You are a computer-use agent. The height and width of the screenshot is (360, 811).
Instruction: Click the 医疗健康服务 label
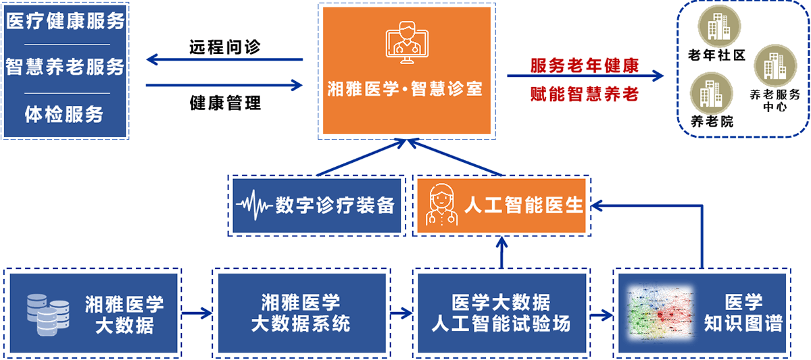point(66,21)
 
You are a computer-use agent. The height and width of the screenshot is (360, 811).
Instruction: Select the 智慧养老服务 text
point(66,67)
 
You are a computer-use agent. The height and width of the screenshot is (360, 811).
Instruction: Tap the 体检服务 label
point(65,114)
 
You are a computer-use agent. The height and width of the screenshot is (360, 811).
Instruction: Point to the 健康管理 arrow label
point(225,103)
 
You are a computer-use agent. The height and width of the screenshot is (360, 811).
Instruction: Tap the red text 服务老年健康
point(585,66)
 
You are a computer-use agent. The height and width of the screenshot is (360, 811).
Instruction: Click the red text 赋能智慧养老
point(585,94)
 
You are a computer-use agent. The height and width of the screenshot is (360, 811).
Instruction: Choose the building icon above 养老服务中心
point(770,65)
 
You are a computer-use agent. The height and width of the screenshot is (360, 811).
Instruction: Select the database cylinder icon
point(47,312)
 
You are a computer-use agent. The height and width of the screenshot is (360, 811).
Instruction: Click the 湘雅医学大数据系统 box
point(301,313)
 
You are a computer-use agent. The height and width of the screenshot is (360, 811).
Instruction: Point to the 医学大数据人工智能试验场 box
point(501,313)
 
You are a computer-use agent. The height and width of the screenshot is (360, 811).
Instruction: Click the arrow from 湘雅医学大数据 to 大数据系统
point(197,313)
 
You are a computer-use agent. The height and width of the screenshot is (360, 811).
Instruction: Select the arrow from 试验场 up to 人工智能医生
point(501,252)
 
